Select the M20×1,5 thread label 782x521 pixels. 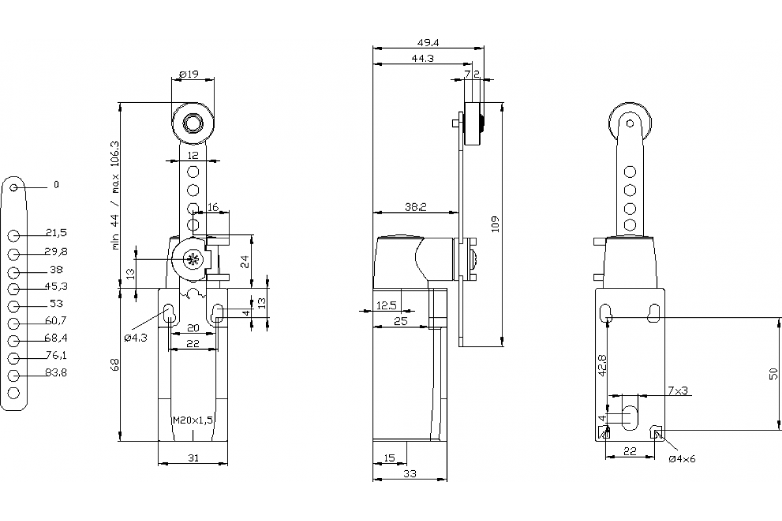(x=193, y=421)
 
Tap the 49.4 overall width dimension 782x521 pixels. (x=427, y=43)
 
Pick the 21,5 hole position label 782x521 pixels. (x=57, y=232)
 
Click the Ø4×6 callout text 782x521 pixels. (x=682, y=458)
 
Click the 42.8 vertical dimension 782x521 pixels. (x=603, y=365)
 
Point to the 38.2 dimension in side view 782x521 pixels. (x=415, y=207)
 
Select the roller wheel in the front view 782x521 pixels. (x=193, y=123)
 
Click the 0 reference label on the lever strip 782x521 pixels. (x=56, y=185)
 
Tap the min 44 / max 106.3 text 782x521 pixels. (x=115, y=195)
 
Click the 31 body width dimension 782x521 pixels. (x=193, y=458)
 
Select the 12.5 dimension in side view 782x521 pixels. (x=387, y=305)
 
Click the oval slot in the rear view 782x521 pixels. (x=630, y=417)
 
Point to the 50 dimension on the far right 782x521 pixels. (x=774, y=373)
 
